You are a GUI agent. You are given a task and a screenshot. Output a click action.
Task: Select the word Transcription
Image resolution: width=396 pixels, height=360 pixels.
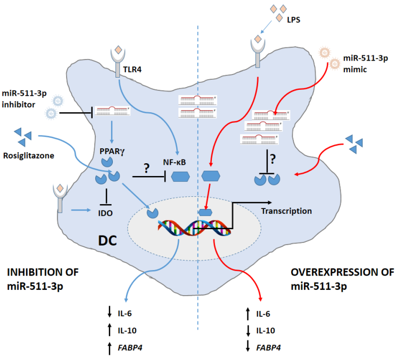coord(286,211)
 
